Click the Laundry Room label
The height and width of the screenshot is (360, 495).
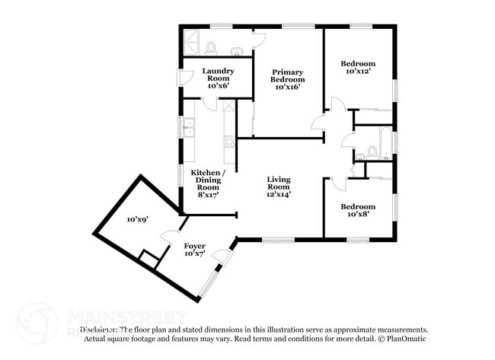217,78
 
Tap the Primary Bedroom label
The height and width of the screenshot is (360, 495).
289,79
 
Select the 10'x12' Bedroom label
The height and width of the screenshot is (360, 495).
357,66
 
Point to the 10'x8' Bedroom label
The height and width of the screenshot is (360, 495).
357,211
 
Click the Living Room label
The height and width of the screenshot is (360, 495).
278,187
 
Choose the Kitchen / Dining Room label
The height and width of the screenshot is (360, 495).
207,183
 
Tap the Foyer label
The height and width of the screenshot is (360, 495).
194,250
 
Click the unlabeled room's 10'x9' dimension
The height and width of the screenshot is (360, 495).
137,219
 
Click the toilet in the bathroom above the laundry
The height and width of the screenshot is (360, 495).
212,48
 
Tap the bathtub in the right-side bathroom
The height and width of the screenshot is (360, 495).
385,142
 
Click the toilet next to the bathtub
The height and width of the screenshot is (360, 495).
372,152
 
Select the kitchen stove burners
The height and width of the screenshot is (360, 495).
227,140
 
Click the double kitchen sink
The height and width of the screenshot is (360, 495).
190,129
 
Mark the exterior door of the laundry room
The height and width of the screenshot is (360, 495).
181,77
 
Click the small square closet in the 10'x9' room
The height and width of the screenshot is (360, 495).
150,260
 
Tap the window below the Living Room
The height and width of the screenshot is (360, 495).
278,241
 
